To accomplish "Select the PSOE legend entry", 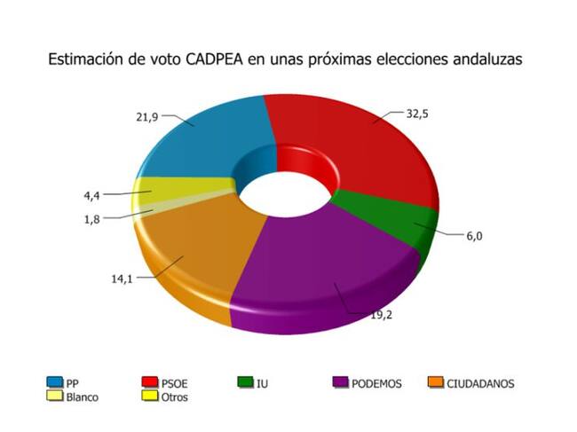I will (x=166, y=383).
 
